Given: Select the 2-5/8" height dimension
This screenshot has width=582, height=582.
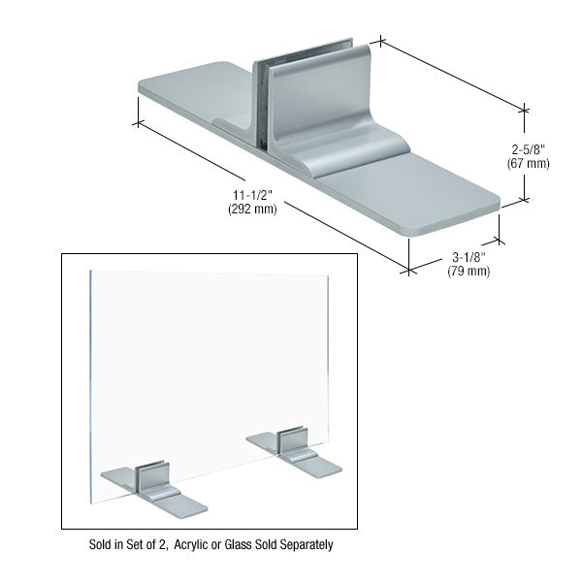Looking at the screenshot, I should (528, 149).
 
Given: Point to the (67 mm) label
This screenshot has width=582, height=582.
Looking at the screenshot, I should (528, 163).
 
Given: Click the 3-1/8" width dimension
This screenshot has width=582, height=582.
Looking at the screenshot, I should (467, 257).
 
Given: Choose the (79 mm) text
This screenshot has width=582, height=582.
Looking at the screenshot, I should (467, 271).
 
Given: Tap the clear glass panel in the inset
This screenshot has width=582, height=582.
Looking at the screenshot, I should (209, 369).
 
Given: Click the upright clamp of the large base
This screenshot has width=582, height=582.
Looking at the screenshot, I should (310, 97).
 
